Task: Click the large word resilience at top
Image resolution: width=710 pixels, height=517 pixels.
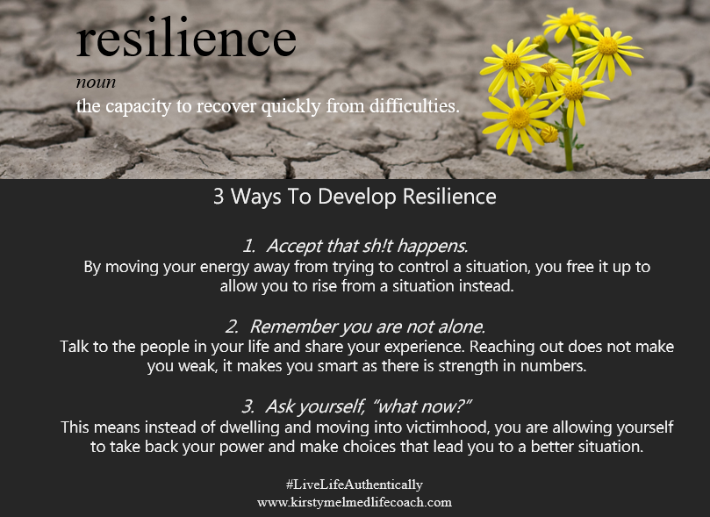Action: click(x=186, y=38)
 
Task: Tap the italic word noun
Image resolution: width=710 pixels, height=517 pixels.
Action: click(x=96, y=83)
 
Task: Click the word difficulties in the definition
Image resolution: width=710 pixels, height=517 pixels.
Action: click(x=414, y=106)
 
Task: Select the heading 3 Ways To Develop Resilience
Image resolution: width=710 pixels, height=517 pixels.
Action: click(x=355, y=197)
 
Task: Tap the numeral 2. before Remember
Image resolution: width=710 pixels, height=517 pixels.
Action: click(x=232, y=327)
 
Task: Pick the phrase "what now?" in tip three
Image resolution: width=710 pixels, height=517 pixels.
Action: click(x=422, y=406)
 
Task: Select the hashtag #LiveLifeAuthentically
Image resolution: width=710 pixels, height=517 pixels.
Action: click(x=354, y=485)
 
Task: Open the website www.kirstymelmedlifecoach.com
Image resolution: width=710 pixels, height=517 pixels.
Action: click(x=355, y=502)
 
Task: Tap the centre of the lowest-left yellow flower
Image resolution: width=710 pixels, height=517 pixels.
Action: click(x=519, y=118)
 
